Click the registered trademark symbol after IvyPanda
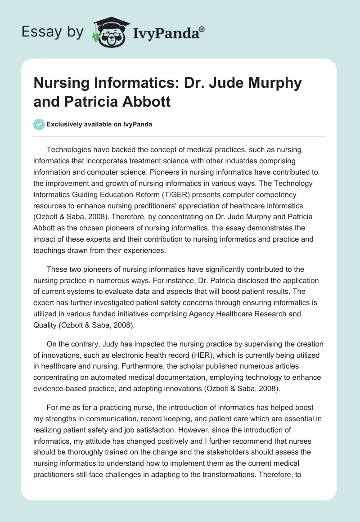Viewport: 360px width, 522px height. pyautogui.click(x=202, y=28)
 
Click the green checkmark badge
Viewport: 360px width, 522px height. pyautogui.click(x=39, y=124)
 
